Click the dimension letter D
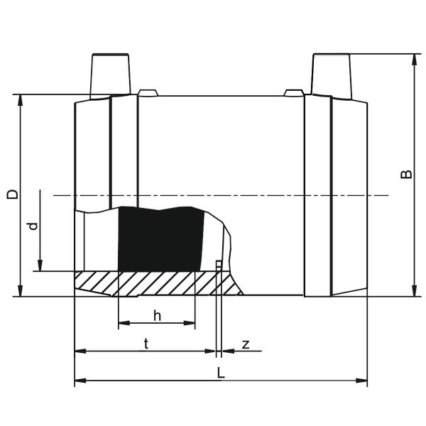[13, 195]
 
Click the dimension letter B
[406, 174]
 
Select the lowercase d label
[33, 226]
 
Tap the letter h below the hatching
[158, 316]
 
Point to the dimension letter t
[146, 344]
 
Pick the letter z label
[246, 344]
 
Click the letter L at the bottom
[221, 373]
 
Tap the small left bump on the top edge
[148, 92]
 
